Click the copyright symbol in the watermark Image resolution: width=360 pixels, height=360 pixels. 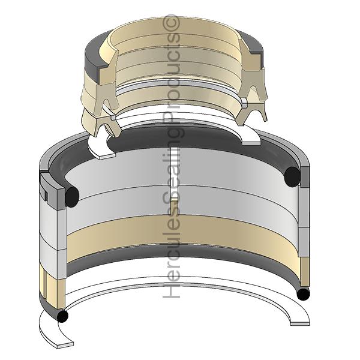tap(170, 23)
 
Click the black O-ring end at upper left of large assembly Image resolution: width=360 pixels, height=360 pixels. tap(72, 197)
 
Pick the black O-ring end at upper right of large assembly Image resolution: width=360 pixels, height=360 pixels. tap(292, 176)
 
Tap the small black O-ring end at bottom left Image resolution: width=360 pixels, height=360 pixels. tap(62, 316)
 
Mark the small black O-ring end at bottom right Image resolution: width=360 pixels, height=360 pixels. tap(303, 294)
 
